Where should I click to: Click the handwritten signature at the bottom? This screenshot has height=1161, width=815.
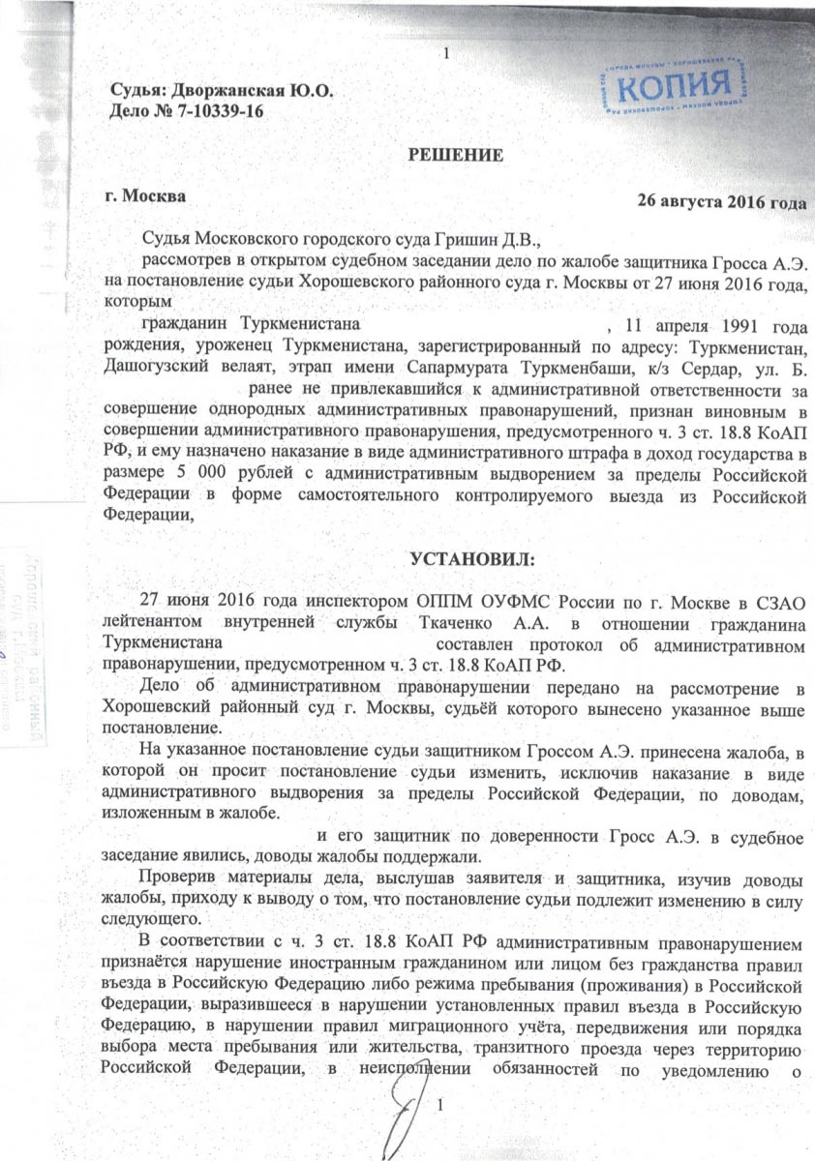[408, 1113]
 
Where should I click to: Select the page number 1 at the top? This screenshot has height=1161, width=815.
[444, 25]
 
